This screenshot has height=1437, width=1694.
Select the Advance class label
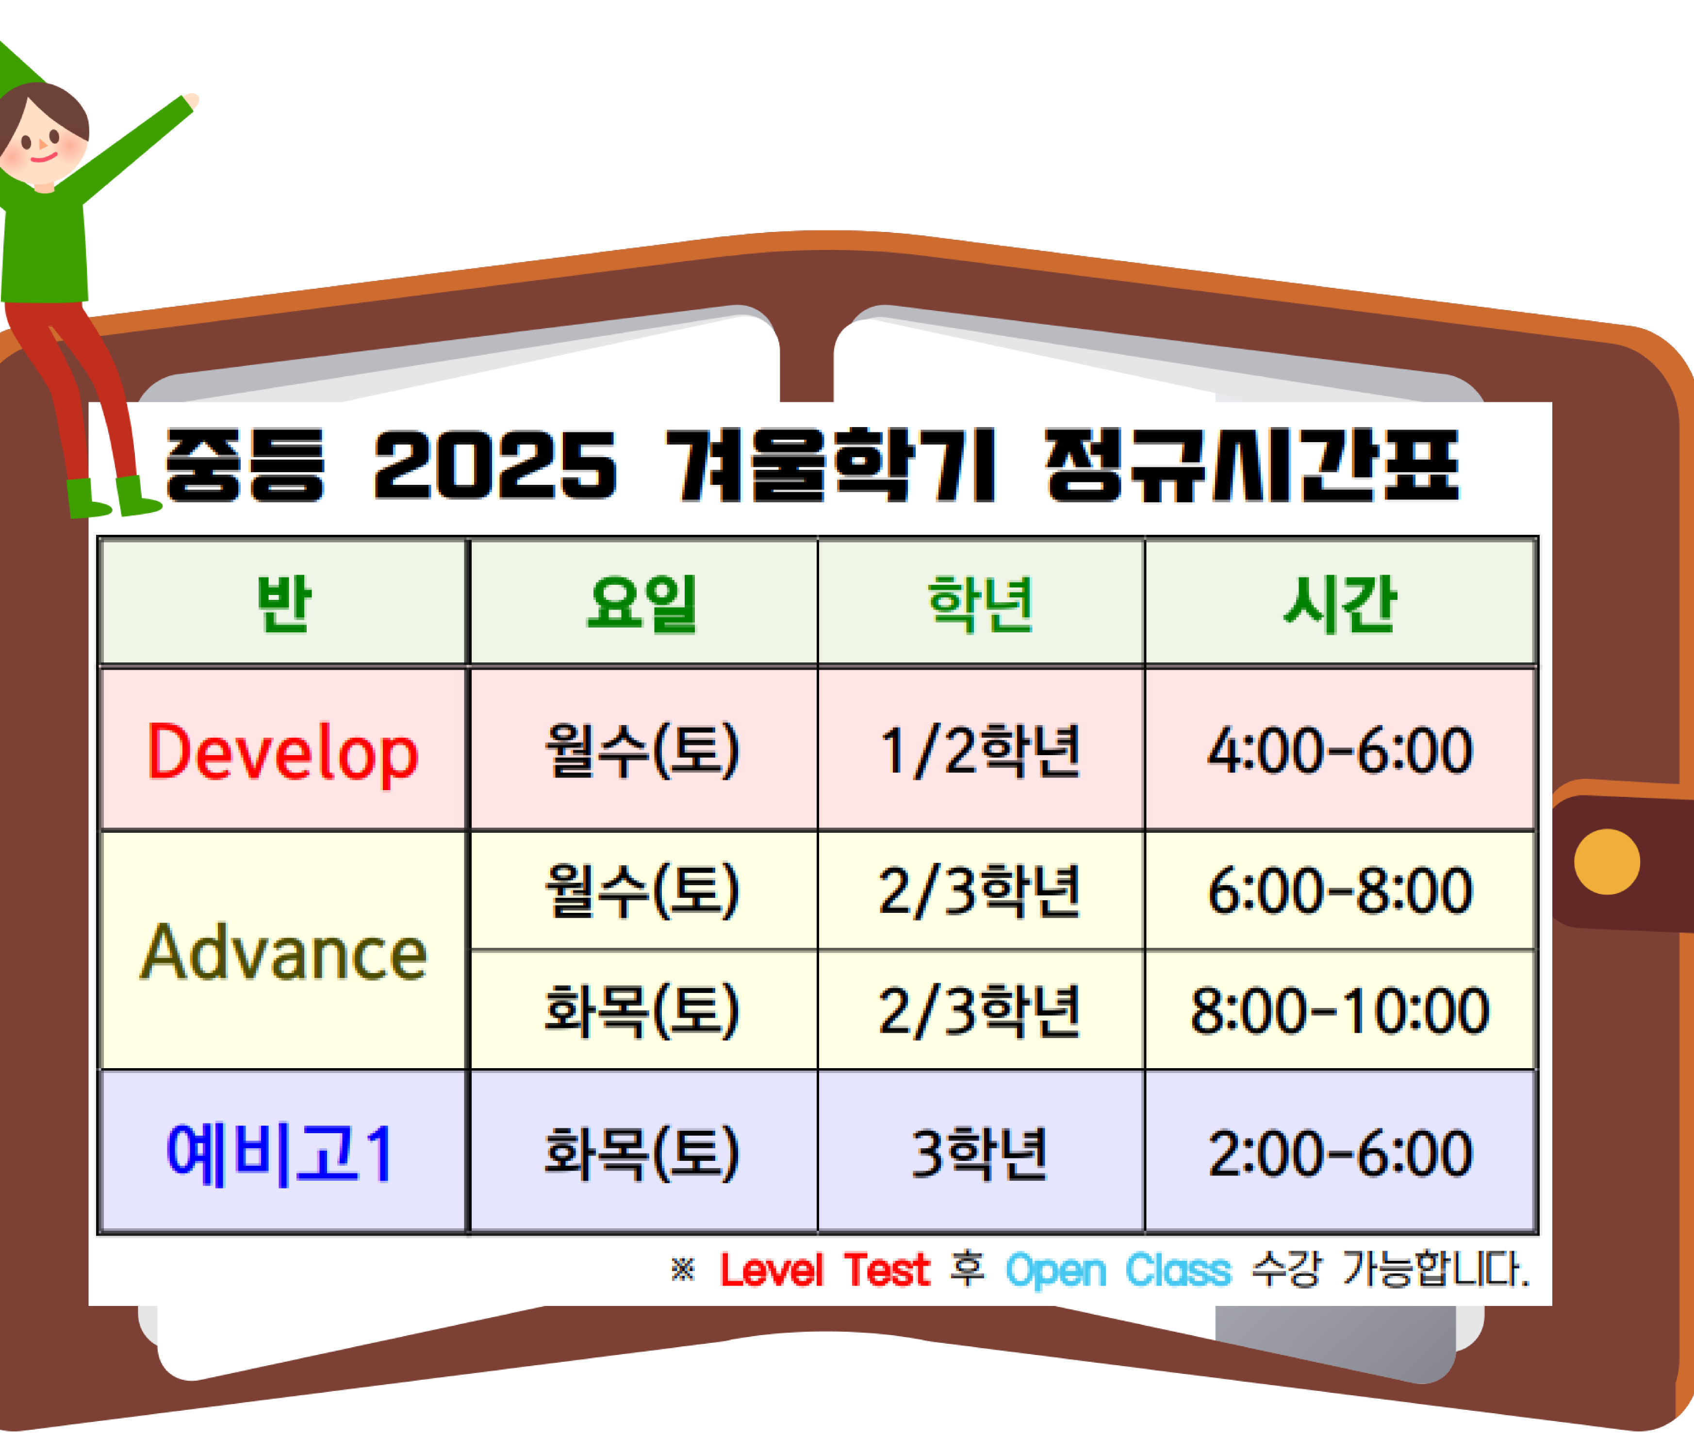[x=283, y=952]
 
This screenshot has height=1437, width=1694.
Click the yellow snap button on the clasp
[x=1607, y=862]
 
